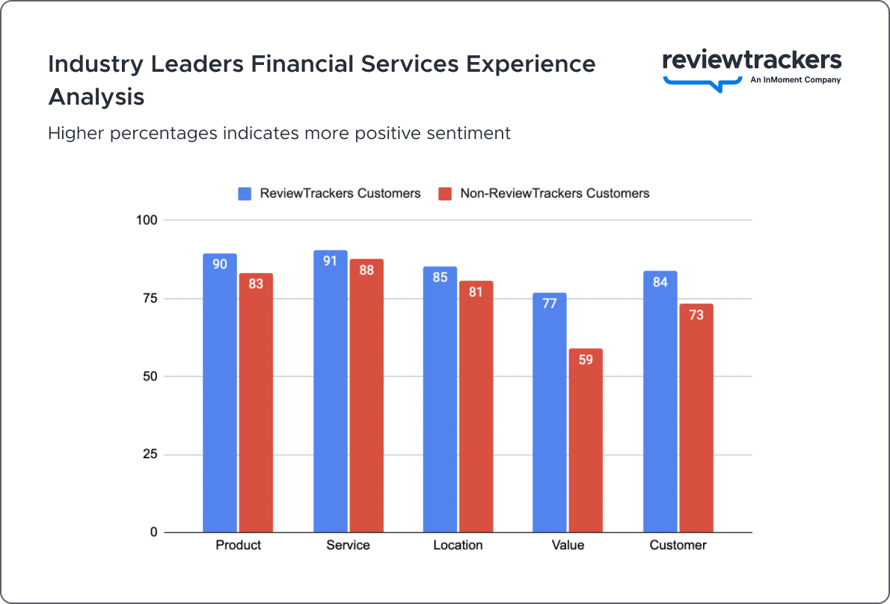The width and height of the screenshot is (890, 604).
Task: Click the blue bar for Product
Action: coord(220,392)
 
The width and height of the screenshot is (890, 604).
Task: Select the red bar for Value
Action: coord(586,440)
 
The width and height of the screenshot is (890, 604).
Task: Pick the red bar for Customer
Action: coord(696,418)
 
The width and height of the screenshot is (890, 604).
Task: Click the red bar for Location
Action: coord(476,407)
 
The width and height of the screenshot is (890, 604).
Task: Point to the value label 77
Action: coord(550,303)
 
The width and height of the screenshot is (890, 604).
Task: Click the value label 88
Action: coord(366,271)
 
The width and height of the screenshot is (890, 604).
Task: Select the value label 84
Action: coord(660,283)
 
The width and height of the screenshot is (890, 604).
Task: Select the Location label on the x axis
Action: coord(458,545)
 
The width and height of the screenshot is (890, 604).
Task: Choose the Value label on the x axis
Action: coord(568,545)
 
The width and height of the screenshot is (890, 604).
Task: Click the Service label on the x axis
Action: coord(348,545)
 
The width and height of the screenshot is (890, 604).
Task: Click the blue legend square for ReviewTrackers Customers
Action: coord(245,194)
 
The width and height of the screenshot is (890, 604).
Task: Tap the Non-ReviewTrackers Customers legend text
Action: coord(554,194)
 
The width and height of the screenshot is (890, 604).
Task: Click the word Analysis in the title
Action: coord(96,97)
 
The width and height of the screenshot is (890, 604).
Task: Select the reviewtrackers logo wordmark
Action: coord(752,61)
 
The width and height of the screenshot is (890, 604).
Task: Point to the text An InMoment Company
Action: coord(795,80)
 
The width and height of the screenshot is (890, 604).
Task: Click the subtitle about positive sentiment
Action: coord(279,133)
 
